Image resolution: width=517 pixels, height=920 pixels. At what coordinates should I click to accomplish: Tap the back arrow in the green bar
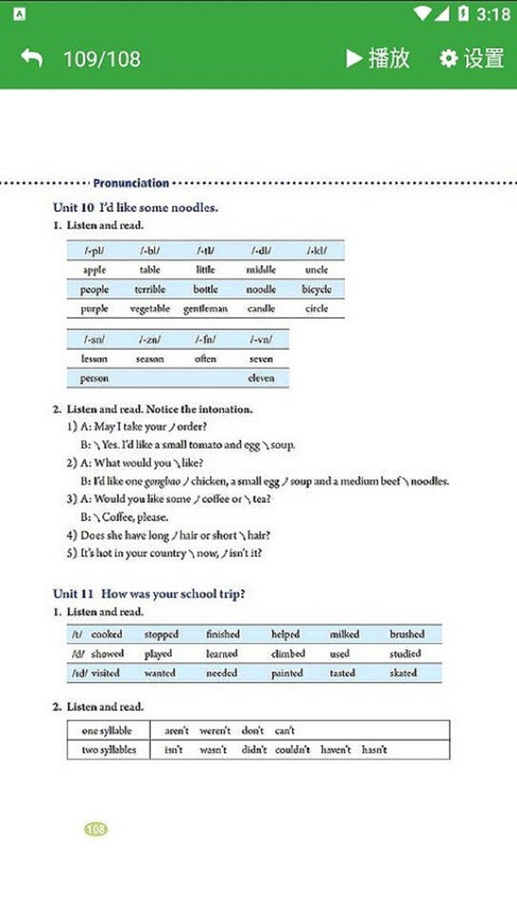point(32,58)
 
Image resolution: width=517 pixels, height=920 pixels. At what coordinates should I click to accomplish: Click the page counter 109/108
point(101,59)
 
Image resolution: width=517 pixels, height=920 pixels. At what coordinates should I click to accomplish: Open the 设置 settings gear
point(449,58)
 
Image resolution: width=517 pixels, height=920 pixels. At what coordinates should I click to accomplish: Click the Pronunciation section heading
point(131,182)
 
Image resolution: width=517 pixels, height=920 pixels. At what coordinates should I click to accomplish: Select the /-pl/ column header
point(95,250)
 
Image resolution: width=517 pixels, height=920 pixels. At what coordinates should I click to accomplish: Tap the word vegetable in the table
point(150,309)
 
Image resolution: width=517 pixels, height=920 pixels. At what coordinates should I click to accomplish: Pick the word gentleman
point(205,309)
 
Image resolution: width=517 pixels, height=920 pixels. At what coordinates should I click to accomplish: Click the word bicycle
point(316,290)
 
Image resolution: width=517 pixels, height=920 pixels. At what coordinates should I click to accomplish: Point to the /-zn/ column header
point(150,340)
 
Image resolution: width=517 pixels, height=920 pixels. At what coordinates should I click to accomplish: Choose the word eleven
point(261,378)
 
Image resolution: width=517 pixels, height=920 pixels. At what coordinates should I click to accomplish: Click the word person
point(95,378)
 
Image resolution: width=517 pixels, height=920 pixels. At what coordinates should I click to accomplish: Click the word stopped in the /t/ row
point(161,635)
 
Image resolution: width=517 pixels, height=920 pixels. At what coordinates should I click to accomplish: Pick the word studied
point(405,654)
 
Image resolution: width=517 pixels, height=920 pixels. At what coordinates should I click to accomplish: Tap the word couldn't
point(292,750)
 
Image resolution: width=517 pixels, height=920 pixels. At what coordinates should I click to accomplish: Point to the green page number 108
point(96,829)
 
